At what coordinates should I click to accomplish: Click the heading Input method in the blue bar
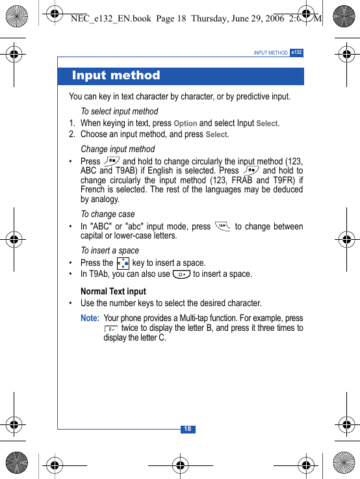click(116, 75)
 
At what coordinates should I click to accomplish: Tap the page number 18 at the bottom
click(187, 429)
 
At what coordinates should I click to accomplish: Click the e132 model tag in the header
click(296, 52)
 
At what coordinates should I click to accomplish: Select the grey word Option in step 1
click(185, 123)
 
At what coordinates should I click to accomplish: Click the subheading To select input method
click(119, 111)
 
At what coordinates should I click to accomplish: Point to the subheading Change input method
click(118, 149)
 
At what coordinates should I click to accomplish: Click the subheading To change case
click(108, 214)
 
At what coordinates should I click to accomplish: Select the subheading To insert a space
click(110, 250)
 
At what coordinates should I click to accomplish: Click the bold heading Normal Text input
click(113, 291)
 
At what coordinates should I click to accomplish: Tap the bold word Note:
click(90, 318)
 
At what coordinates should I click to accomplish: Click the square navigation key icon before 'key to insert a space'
click(122, 263)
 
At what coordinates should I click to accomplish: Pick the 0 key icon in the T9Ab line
click(181, 274)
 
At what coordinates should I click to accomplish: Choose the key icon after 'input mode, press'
click(222, 226)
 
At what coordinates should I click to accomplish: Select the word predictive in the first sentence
click(250, 97)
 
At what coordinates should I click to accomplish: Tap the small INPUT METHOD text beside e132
click(270, 53)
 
